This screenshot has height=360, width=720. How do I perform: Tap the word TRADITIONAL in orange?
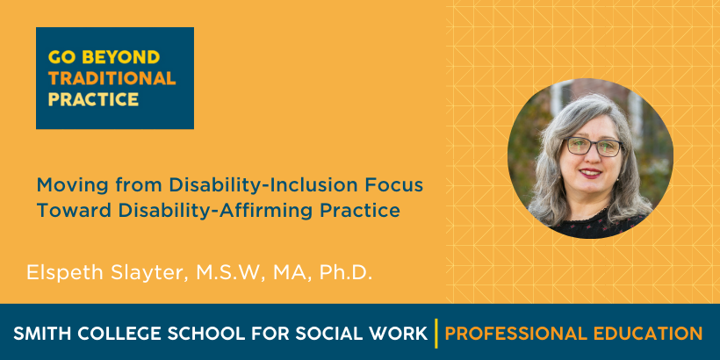coord(112,78)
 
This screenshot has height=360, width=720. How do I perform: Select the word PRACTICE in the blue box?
coord(93,99)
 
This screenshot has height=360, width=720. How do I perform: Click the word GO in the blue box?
coord(61,57)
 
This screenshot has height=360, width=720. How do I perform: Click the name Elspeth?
coord(66,272)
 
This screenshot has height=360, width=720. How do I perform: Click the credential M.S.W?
coord(231,273)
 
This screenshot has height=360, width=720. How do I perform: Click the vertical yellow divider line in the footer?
coord(436,334)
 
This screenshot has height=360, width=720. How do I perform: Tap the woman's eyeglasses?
coord(594,147)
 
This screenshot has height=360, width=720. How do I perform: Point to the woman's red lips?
coord(591,173)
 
